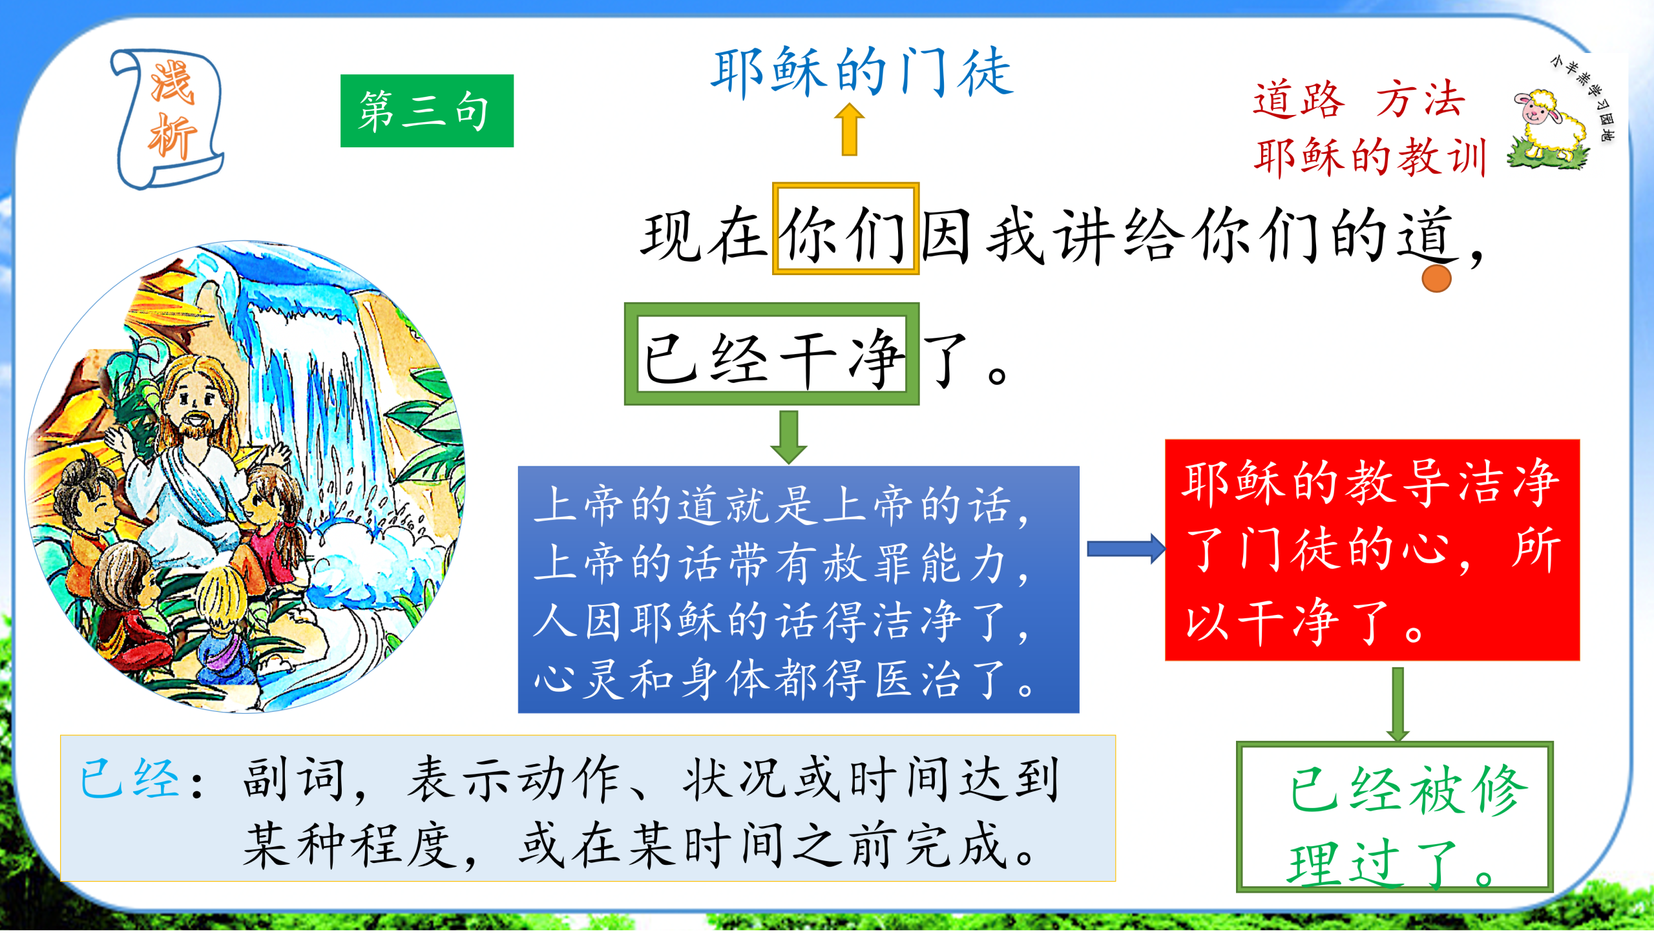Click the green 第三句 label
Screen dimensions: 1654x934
426,110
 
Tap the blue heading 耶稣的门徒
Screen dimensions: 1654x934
861,72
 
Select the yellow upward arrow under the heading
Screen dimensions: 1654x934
849,130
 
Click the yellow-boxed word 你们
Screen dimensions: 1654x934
845,229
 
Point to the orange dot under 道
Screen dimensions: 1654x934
1436,278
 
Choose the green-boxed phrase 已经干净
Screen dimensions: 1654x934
771,354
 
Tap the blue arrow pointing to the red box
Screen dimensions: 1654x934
1126,549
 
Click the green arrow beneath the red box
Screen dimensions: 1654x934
1398,704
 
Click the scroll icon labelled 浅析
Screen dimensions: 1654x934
168,118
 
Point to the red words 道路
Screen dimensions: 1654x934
1299,99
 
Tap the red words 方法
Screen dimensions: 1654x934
1419,99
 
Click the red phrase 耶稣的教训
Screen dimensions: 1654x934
1370,157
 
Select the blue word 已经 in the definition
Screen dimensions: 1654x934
129,778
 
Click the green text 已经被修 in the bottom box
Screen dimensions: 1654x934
1408,789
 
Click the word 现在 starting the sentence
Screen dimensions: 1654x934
704,235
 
